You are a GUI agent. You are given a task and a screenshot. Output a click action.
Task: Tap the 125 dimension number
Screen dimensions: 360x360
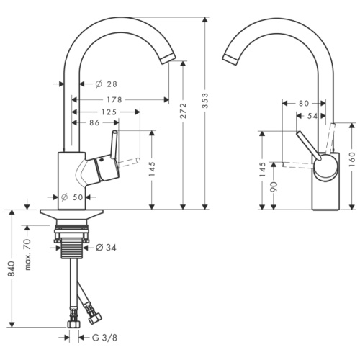coord(109,112)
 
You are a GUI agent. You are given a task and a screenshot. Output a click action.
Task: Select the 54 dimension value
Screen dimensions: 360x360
coord(312,115)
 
